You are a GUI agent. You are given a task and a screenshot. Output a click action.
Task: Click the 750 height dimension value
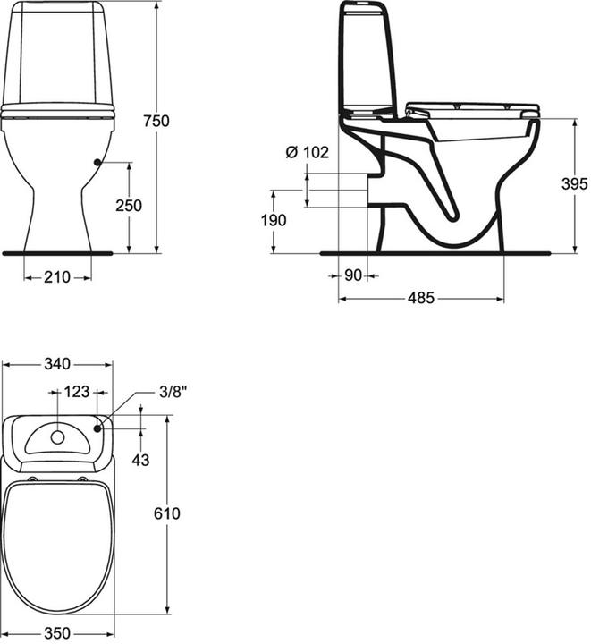coord(156,122)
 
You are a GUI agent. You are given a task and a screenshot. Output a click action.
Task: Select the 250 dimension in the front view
coord(130,206)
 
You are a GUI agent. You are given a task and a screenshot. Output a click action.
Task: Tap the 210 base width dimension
coord(57,277)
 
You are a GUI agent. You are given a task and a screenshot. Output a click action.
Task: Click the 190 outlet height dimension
coord(274,220)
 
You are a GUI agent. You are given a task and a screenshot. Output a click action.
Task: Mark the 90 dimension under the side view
coord(353,276)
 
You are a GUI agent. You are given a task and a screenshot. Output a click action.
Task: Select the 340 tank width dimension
coord(57,364)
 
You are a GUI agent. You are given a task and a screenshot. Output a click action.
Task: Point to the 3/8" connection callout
coord(173,392)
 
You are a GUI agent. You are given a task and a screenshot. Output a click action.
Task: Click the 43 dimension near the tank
coord(140,459)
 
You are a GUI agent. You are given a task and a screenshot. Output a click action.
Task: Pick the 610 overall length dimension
coord(167,513)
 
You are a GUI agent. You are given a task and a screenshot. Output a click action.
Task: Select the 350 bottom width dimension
coord(57,631)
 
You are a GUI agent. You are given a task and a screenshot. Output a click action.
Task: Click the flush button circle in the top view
coord(58,437)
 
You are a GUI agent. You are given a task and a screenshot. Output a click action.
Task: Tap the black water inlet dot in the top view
coord(97,428)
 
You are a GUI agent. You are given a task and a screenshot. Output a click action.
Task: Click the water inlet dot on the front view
coord(96,162)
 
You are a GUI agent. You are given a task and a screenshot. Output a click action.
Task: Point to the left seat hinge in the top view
coord(32,480)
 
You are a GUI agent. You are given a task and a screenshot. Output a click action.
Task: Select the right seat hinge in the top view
coord(84,480)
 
